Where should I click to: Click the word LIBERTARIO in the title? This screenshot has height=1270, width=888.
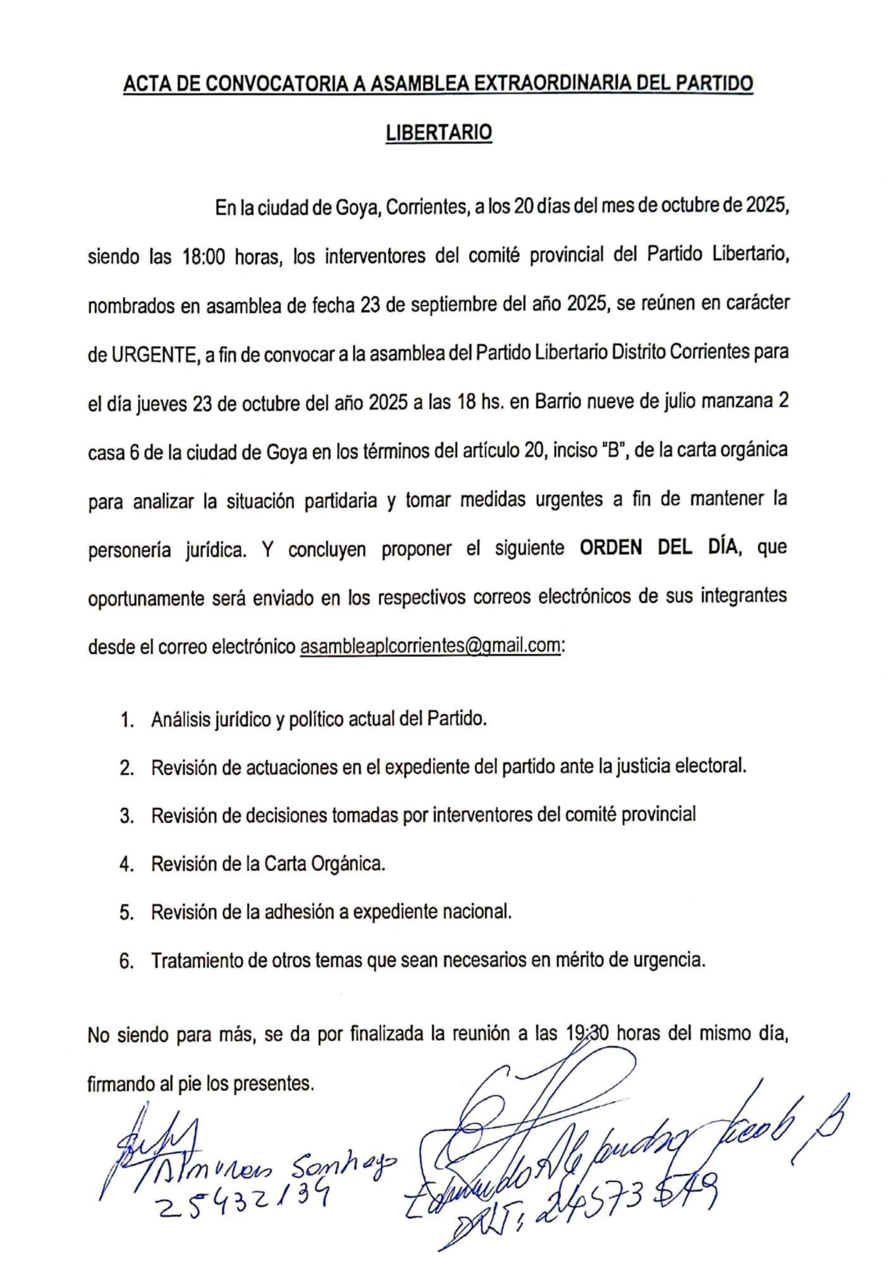pyautogui.click(x=438, y=133)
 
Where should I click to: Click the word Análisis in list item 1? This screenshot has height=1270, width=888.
pyautogui.click(x=181, y=720)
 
